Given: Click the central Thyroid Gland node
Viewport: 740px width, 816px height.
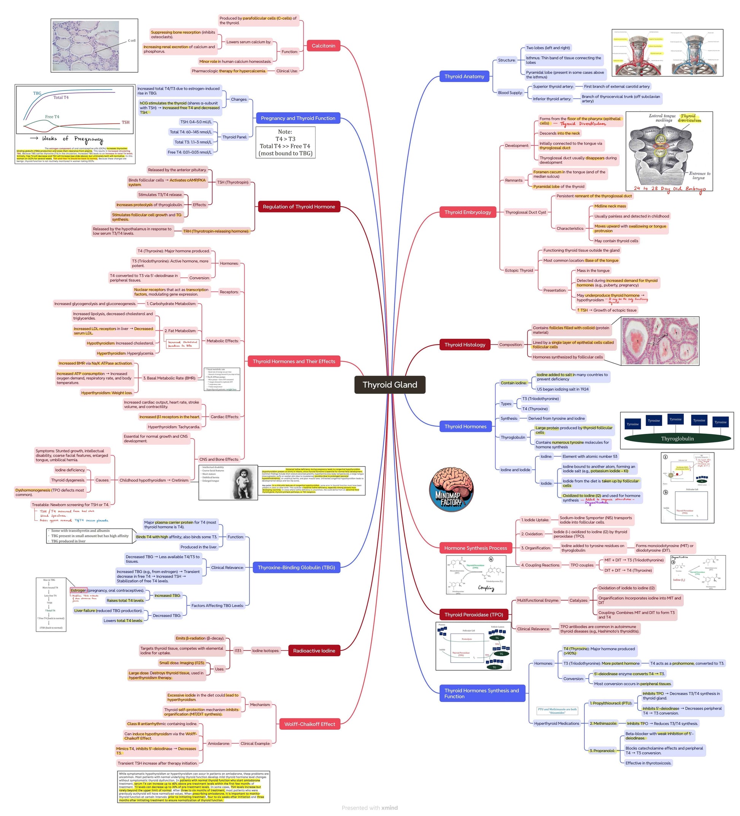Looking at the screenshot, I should click(x=389, y=384).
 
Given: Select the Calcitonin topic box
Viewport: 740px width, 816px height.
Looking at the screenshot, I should click(x=323, y=46).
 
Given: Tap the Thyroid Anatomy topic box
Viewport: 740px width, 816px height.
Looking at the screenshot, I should click(x=464, y=76).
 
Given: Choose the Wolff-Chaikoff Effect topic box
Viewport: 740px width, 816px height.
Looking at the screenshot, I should click(x=309, y=724).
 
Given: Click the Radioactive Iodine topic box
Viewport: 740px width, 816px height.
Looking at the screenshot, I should click(x=314, y=651).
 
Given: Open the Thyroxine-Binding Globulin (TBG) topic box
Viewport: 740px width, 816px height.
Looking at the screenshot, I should click(x=296, y=567).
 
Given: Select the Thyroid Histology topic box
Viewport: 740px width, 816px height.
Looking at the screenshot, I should click(x=464, y=345).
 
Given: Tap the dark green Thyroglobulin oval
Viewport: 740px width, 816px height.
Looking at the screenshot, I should click(x=677, y=439).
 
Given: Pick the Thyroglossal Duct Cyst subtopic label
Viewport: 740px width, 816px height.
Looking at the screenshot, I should click(x=525, y=212).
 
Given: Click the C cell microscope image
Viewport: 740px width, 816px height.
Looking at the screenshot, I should click(x=94, y=45).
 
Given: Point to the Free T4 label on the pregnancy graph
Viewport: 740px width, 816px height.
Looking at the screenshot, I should click(x=52, y=117).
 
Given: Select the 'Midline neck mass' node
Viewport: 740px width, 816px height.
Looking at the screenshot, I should click(x=610, y=206).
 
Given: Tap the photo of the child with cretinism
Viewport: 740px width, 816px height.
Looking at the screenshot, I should click(x=244, y=483).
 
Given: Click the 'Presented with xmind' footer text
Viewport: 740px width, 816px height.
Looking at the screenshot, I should click(x=369, y=808).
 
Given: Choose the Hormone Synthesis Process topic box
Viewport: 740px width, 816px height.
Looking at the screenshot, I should click(x=475, y=548).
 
